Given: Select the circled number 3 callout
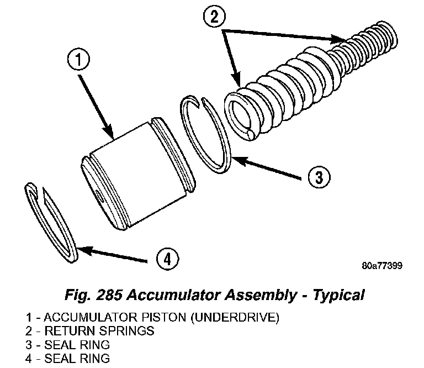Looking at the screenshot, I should tap(319, 177).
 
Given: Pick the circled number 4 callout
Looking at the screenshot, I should tap(167, 257).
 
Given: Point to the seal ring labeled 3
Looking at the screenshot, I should tap(206, 133).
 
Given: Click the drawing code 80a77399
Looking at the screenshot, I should tap(381, 265).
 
